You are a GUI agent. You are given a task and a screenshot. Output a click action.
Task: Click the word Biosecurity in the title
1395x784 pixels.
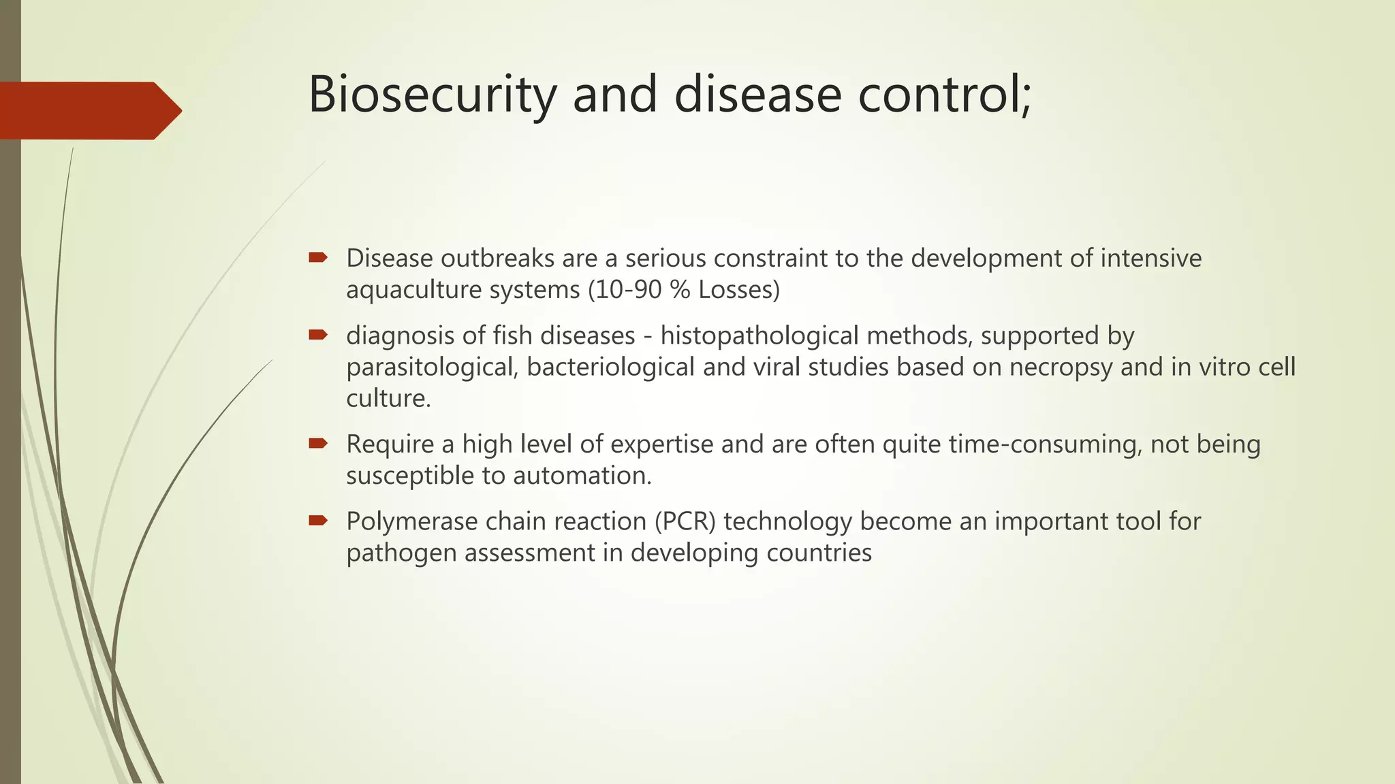[x=432, y=95]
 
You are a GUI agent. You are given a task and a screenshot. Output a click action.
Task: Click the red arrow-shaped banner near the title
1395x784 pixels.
[x=89, y=110]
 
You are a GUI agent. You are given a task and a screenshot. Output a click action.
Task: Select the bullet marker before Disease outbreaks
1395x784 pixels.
[x=318, y=257]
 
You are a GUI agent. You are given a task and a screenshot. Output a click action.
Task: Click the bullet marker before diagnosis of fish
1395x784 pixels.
[x=318, y=334]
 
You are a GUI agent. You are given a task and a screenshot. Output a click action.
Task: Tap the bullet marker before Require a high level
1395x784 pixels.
[x=318, y=443]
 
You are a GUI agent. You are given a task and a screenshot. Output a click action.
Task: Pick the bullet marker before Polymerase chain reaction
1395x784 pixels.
[x=318, y=521]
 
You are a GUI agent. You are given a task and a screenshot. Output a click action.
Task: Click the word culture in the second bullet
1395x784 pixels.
[x=388, y=398]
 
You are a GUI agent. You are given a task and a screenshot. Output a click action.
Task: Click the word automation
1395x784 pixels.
[x=582, y=476]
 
